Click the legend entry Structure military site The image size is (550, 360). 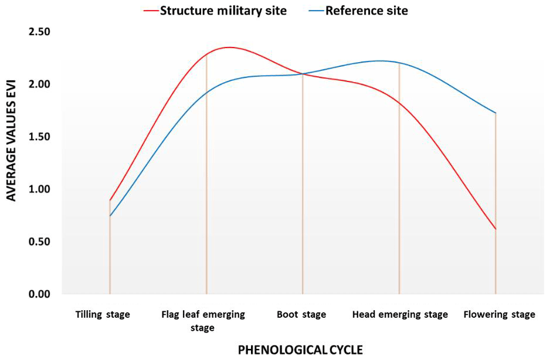223,11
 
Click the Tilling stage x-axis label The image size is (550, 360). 103,315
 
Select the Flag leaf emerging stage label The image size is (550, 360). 203,321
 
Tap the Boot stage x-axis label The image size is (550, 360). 301,315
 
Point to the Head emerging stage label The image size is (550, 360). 400,315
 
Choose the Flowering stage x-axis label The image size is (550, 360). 499,315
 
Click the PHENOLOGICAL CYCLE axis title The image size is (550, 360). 300,350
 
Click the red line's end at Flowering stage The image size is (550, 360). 496,229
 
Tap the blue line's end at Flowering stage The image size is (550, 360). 496,113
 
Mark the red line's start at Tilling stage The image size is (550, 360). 110,201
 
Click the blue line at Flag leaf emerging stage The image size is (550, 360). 206,92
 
